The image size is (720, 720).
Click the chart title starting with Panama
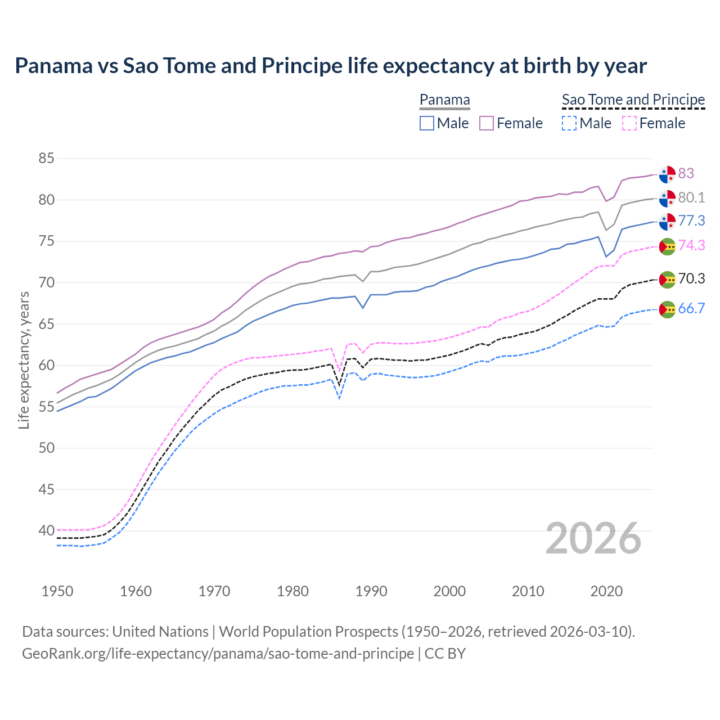[331, 66]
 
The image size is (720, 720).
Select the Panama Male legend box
[427, 123]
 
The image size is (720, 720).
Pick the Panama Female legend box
[487, 123]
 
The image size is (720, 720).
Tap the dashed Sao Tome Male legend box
[569, 123]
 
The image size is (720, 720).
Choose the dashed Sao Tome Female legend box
[629, 123]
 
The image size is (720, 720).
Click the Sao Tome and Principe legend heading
[633, 100]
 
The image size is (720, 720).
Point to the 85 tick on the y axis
[46, 159]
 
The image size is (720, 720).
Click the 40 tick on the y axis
[46, 530]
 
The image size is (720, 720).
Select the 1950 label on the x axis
[57, 591]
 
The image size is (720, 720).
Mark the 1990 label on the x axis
[371, 591]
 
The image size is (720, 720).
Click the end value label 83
[686, 173]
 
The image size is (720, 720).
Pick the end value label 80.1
[691, 197]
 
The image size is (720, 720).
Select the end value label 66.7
[691, 308]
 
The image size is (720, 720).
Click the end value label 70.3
[691, 278]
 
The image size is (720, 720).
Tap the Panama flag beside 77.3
[667, 222]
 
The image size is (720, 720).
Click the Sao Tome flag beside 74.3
[667, 246]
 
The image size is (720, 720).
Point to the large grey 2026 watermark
[593, 538]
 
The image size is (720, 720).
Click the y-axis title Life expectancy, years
[24, 360]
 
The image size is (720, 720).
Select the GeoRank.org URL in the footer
[218, 654]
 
